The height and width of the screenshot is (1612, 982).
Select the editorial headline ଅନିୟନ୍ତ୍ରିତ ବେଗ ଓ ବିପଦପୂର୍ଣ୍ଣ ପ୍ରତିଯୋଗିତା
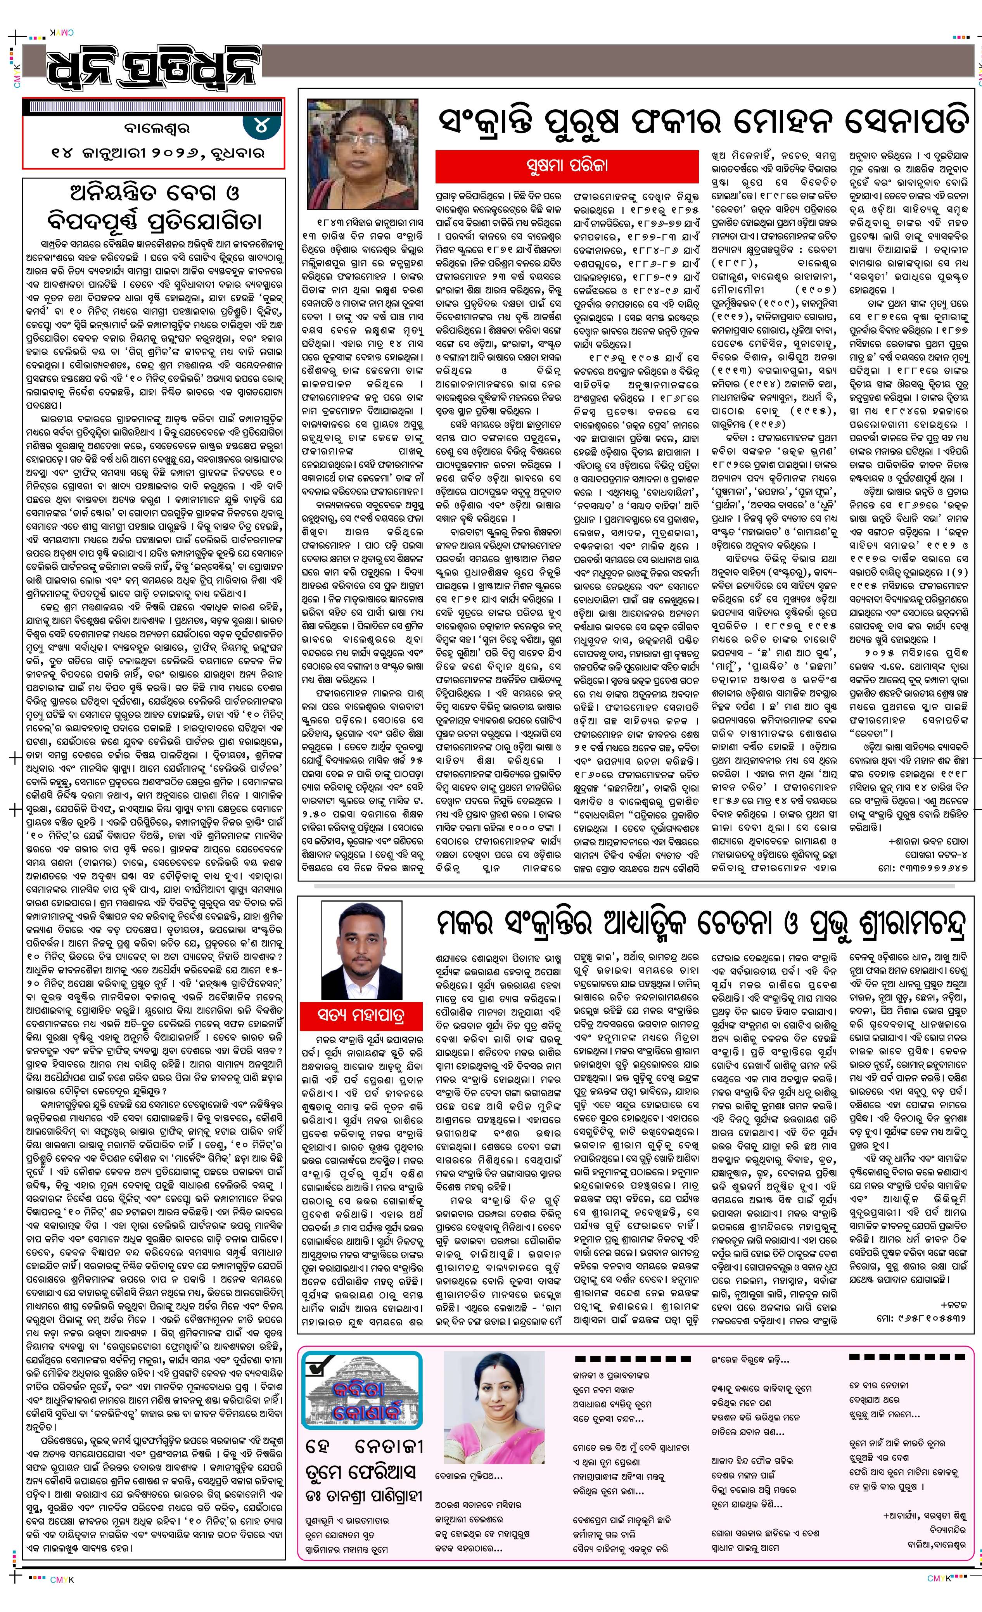(x=154, y=206)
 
